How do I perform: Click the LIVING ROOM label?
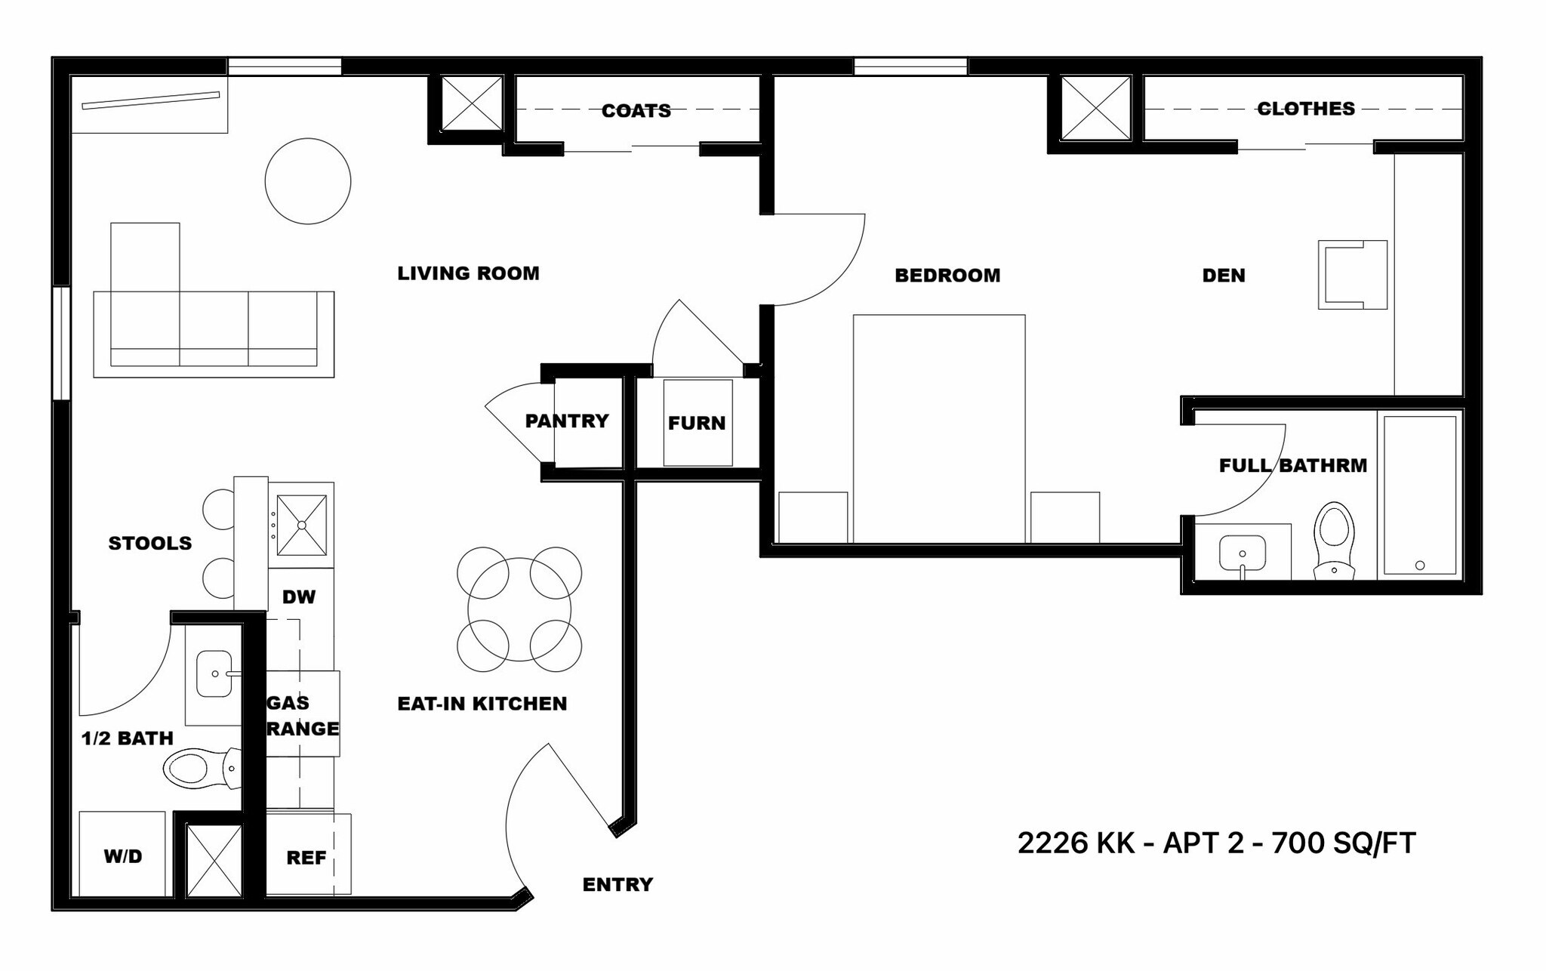coord(468,273)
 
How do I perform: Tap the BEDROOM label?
coord(947,276)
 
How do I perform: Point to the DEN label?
coord(1224,276)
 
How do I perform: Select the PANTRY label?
coord(567,421)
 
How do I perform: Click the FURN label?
coord(697,423)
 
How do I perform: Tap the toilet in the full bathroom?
coord(1334,541)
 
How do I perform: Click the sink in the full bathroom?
coord(1243,554)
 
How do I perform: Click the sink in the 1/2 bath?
coord(215,674)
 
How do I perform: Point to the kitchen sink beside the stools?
coord(302,525)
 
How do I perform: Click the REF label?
coord(306,858)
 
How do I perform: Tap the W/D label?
coord(123,856)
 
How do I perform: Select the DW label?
coord(299,597)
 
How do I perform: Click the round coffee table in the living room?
coord(308,181)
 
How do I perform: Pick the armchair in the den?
coord(1353,275)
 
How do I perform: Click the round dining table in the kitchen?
coord(519,609)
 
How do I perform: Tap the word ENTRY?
coord(617,884)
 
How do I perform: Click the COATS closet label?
coord(636,111)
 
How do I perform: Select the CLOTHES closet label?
coord(1306,109)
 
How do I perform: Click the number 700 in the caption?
coord(1297,843)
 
